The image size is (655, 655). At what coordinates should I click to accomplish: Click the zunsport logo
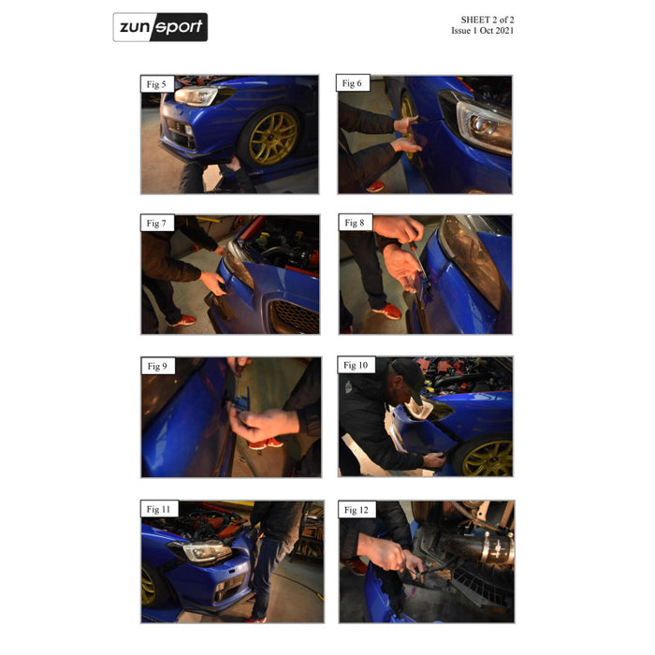160,27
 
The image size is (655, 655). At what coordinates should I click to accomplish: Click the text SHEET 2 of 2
488,20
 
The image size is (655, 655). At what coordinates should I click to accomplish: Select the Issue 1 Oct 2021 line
483,31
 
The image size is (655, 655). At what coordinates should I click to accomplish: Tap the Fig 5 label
156,84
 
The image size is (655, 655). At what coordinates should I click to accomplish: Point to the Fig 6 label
352,83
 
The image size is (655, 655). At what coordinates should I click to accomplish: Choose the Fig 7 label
156,224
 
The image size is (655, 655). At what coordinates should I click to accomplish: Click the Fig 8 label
355,223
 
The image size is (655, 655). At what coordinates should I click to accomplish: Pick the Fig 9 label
157,367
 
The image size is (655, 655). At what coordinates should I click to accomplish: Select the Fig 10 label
356,365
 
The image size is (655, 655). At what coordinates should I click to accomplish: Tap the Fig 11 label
159,509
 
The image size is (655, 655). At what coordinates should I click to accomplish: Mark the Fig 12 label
357,510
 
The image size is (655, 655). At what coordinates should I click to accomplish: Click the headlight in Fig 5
196,95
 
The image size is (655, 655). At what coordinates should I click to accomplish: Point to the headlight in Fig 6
484,125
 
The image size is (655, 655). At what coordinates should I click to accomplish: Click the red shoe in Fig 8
387,312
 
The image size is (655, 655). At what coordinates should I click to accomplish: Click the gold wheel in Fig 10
488,458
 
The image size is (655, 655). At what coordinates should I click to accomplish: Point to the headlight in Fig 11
206,551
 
